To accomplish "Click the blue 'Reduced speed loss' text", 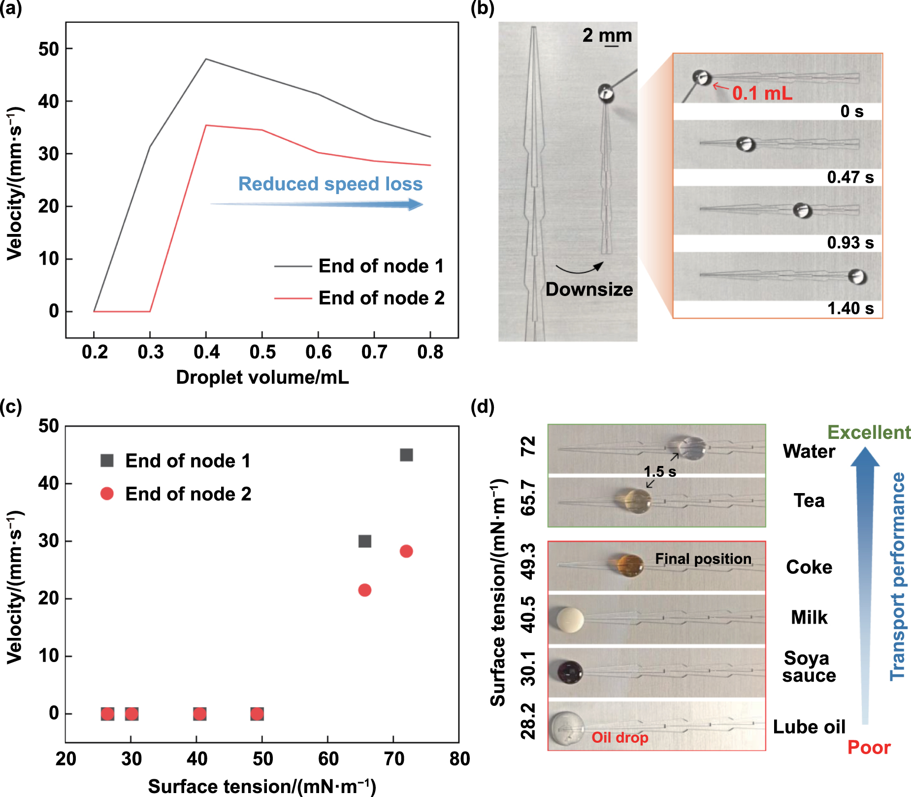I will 330,184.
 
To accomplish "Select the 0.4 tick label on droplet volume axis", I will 206,352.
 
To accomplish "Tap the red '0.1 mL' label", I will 762,93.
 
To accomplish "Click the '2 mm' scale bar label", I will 607,35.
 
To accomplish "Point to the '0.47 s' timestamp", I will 850,177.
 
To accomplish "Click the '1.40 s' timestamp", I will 850,308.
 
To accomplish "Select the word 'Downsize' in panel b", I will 589,289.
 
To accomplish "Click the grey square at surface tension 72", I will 406,455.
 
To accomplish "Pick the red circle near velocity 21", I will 364,590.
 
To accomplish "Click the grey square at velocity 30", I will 364,541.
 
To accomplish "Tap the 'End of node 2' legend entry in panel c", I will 188,494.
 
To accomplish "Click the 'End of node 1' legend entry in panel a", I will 381,266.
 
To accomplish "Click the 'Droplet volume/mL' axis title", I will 262,377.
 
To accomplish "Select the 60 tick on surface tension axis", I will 328,759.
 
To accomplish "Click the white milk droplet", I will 570,620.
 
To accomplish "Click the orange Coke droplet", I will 630,565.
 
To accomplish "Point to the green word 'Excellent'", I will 869,432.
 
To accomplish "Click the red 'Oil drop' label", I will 619,737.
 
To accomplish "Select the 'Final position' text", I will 703,559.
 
